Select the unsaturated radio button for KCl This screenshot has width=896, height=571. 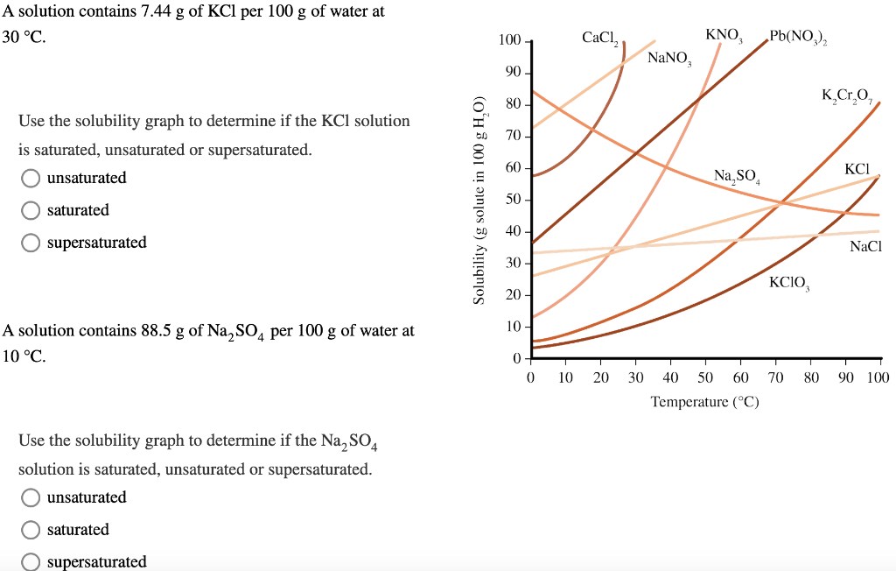click(31, 179)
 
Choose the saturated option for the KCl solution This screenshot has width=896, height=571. click(31, 211)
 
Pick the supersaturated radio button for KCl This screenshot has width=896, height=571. click(31, 243)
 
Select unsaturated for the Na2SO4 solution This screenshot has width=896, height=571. click(31, 498)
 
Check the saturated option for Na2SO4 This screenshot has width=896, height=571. click(31, 531)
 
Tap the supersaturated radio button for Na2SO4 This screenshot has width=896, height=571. click(31, 562)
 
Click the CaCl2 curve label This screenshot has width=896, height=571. click(600, 38)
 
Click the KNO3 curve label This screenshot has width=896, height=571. click(724, 36)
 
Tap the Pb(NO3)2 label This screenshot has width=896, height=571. click(800, 38)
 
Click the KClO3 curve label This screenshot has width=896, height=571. click(789, 282)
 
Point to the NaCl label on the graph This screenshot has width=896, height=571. click(865, 247)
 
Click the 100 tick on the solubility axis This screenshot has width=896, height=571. click(509, 41)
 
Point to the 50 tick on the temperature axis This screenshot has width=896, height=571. click(705, 377)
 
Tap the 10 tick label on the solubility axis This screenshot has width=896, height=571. click(513, 327)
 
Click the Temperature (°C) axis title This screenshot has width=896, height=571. click(704, 402)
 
